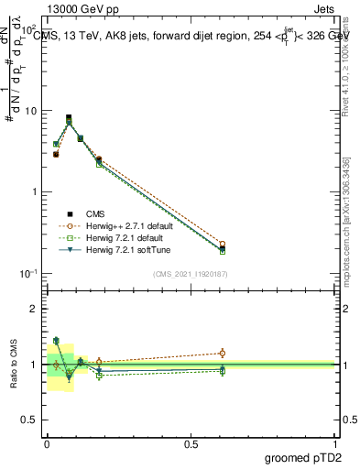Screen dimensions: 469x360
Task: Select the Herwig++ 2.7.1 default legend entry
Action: pos(124,224)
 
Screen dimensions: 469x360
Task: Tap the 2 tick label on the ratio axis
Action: pos(35,309)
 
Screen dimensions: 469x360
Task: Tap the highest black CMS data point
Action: pos(69,117)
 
